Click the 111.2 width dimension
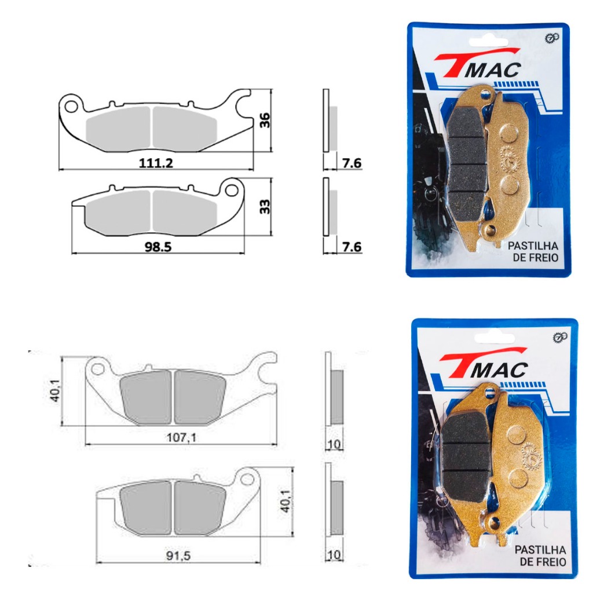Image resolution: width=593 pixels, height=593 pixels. coord(156,163)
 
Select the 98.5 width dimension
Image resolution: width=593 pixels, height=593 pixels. coord(158,247)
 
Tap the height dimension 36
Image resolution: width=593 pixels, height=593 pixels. coord(265,120)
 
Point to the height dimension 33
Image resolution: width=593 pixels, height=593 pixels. coord(265,207)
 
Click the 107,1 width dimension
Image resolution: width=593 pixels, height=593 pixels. coord(181,438)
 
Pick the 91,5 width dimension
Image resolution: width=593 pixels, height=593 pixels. coord(178,556)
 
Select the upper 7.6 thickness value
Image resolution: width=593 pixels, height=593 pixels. coord(352,163)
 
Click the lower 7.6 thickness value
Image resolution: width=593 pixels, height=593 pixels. coord(352,247)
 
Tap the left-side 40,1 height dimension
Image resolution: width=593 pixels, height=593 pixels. coord(55,391)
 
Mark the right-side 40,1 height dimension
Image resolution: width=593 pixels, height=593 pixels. coord(285,501)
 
